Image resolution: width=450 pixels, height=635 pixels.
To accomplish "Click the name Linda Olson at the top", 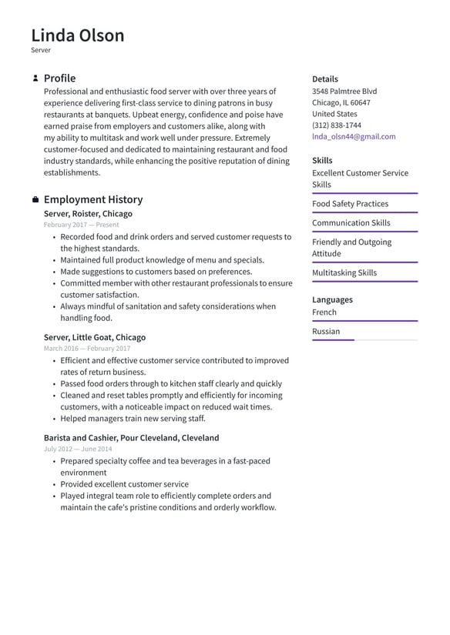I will pos(77,35).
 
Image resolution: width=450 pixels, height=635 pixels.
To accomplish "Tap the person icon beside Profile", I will pos(35,79).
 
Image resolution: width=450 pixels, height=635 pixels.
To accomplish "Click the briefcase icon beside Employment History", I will pos(35,200).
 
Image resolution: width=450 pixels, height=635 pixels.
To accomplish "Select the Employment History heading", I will pos(92,199).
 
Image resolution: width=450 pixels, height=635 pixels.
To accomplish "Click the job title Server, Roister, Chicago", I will pos(88,214).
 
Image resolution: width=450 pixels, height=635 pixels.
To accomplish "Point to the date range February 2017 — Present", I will pos(81,225).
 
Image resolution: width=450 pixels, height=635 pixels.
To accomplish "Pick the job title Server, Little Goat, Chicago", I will pos(94,337).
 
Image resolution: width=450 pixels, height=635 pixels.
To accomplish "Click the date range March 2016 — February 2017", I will pos(87,349).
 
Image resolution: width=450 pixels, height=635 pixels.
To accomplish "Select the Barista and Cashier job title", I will pos(131,438).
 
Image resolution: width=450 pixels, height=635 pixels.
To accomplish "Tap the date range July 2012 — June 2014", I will pos(78,449).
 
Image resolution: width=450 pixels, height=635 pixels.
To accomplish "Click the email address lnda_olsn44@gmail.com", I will pos(354,136).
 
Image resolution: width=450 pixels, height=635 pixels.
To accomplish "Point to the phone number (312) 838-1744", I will pos(336,125).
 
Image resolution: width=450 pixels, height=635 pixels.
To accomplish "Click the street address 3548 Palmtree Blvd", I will pos(344,91).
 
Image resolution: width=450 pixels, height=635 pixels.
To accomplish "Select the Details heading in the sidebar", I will pos(324,79).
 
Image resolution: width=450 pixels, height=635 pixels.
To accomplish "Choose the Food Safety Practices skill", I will pos(350,204).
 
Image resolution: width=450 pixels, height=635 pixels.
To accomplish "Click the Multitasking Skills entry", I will pos(344,272).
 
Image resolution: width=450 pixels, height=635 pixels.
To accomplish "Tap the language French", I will pos(324,312).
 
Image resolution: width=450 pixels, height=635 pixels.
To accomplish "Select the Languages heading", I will pos(332,299).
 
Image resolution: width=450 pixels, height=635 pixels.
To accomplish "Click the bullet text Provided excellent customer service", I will pos(124,484).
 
